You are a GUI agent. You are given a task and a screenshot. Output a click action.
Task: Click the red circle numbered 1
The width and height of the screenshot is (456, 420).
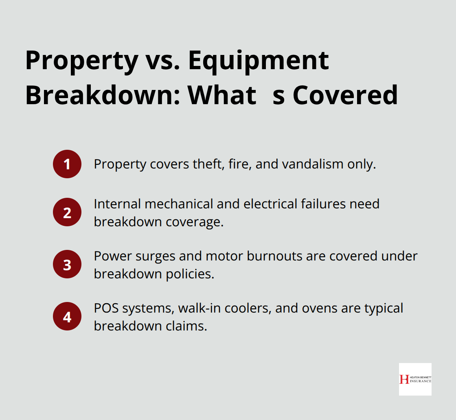[67, 164]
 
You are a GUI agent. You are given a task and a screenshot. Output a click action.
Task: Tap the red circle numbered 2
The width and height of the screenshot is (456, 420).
[67, 212]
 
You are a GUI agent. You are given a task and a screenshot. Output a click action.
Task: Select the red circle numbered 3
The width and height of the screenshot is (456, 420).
[67, 265]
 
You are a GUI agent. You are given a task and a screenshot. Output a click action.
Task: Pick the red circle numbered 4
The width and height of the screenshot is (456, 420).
[67, 316]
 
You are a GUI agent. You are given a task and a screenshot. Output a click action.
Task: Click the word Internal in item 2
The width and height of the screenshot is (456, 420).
[117, 203]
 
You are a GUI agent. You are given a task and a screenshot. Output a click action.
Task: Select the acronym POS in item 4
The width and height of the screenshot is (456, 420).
[105, 308]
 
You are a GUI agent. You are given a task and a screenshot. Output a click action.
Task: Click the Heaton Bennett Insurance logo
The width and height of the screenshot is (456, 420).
[415, 379]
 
